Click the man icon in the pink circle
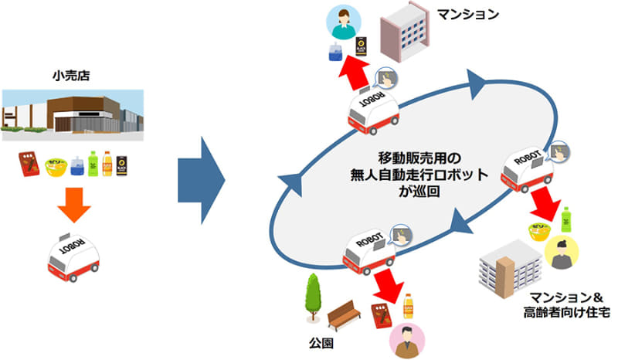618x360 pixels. [412, 339]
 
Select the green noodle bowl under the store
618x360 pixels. [56, 165]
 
